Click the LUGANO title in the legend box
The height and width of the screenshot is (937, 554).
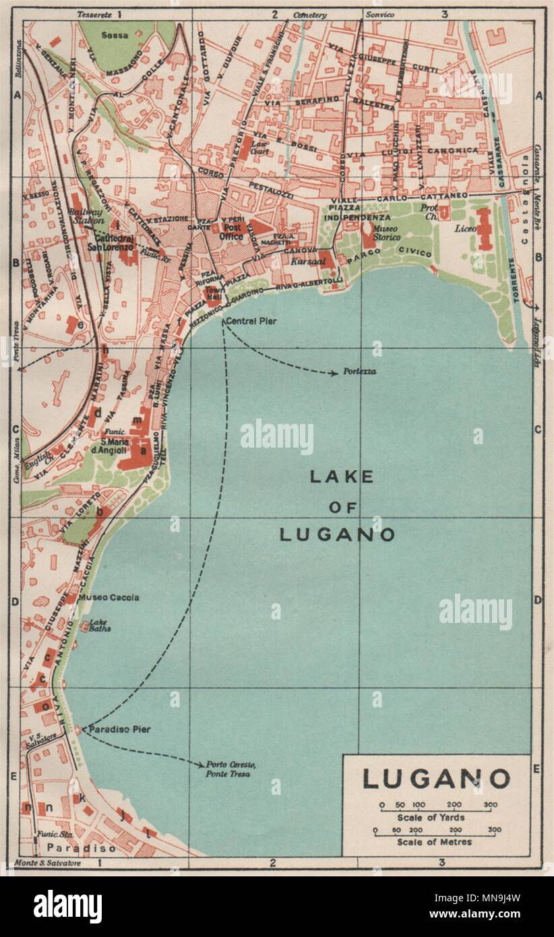[436, 779]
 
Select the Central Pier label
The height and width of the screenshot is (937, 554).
[251, 320]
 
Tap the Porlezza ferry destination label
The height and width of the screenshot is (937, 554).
[359, 371]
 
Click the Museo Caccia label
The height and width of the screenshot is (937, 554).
[109, 597]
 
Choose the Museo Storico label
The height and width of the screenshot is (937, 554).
[387, 233]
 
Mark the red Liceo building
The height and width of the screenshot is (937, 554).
[484, 229]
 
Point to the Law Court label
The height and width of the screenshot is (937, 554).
[260, 148]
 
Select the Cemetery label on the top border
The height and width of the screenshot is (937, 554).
[310, 14]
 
